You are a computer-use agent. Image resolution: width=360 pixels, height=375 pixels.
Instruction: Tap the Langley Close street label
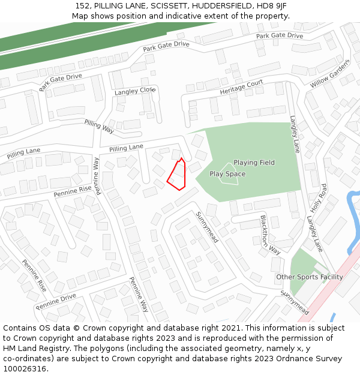point(135,91)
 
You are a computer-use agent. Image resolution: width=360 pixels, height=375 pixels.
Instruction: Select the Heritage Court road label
point(241,88)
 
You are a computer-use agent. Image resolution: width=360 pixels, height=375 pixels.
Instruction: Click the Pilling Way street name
point(99,126)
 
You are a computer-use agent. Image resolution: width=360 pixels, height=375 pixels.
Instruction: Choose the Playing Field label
point(254,163)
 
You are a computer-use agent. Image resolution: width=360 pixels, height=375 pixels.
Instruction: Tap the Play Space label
point(227,174)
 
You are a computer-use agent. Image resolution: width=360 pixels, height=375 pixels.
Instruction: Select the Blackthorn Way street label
point(270,234)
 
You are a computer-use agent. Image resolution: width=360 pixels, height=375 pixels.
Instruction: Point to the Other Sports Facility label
point(310,277)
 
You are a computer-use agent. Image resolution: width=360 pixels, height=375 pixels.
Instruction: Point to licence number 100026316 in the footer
point(24,369)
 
